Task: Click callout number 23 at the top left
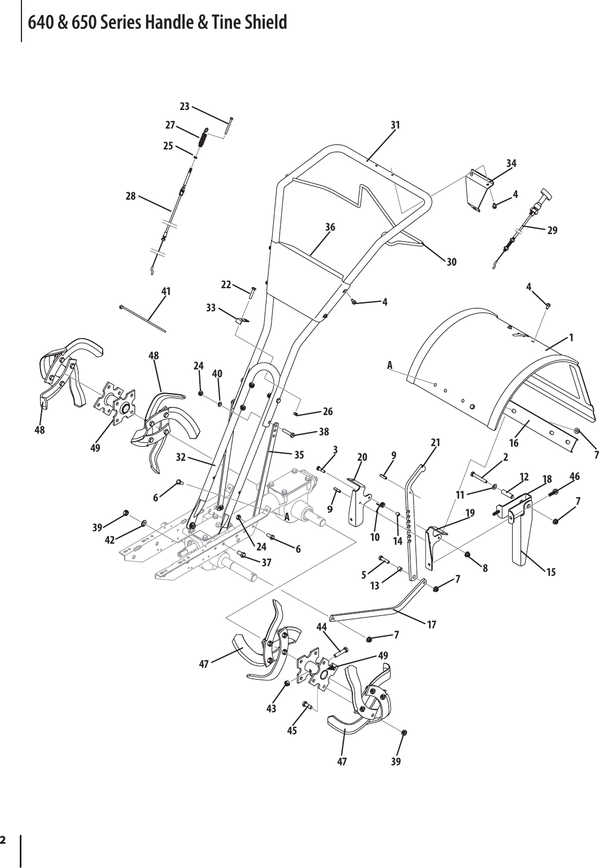pyautogui.click(x=184, y=105)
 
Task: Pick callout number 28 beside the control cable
pyautogui.click(x=130, y=196)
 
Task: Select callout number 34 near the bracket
pyautogui.click(x=511, y=163)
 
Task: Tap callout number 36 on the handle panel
pyautogui.click(x=330, y=227)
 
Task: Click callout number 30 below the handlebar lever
pyautogui.click(x=451, y=262)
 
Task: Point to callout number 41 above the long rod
pyautogui.click(x=166, y=291)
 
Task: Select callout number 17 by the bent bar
pyautogui.click(x=432, y=624)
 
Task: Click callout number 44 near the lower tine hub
pyautogui.click(x=322, y=627)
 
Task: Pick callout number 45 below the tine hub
pyautogui.click(x=292, y=730)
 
